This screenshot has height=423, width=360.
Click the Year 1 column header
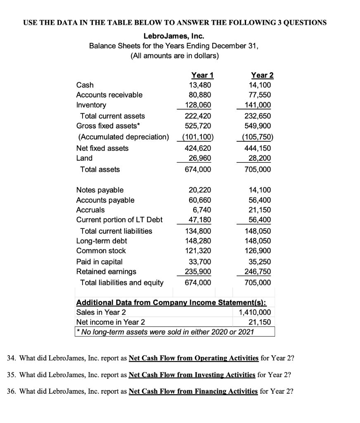coord(200,75)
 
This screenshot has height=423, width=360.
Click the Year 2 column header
coord(262,75)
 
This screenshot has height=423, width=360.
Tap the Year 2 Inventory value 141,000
coord(260,105)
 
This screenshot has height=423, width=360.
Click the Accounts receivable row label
coord(109,95)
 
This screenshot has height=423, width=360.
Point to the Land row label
coord(85,158)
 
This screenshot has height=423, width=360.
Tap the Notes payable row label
coord(100,190)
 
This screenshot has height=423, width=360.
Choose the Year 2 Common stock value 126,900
coord(260,251)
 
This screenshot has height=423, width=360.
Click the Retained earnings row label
coord(107,271)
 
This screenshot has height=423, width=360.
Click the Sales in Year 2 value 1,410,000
coord(255,312)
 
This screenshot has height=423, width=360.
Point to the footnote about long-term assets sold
coord(165,332)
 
